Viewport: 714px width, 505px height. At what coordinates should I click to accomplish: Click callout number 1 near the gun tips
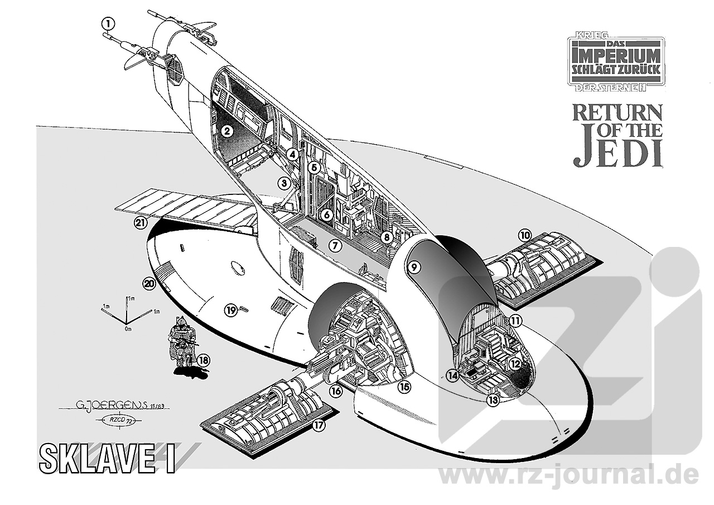pyautogui.click(x=108, y=23)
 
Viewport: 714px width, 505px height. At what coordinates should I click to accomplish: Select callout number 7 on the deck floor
pyautogui.click(x=334, y=245)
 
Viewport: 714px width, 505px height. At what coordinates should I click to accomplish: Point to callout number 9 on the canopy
pyautogui.click(x=413, y=267)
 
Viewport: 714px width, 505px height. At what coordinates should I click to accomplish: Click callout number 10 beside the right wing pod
pyautogui.click(x=524, y=235)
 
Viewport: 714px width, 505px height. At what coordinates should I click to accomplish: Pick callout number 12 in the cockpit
pyautogui.click(x=515, y=364)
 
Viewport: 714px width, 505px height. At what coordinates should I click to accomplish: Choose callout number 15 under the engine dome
pyautogui.click(x=404, y=385)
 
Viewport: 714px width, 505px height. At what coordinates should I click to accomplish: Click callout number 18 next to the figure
pyautogui.click(x=203, y=360)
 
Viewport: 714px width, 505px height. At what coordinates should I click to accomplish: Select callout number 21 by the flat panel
pyautogui.click(x=140, y=223)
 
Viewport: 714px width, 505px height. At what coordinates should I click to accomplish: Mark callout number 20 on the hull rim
pyautogui.click(x=148, y=284)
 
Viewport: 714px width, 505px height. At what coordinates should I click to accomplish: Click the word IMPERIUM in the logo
pyautogui.click(x=616, y=56)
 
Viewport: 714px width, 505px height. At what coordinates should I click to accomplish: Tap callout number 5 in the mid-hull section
pyautogui.click(x=314, y=167)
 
